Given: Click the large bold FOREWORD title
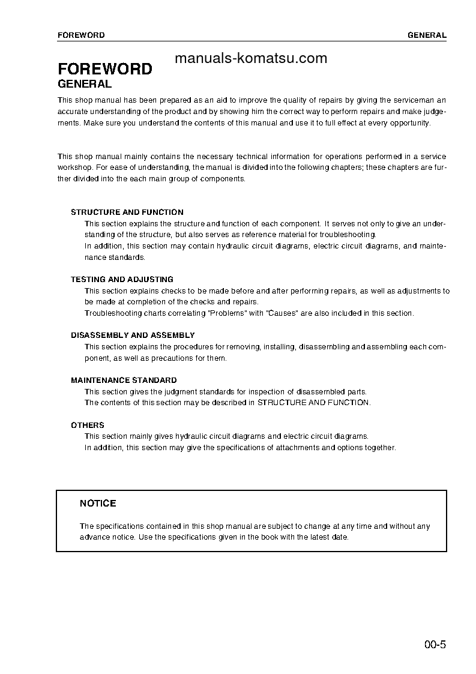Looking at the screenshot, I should pos(105,69).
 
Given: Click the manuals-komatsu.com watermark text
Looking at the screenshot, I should pos(251,58).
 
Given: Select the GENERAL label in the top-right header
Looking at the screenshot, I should pos(427,35).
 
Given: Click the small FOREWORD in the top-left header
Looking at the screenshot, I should pos(81,35).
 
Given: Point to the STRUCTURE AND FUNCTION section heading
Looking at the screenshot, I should pos(127,212).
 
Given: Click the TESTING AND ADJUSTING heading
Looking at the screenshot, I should pos(122,279).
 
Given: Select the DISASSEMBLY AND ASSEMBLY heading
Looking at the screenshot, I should pos(133,335).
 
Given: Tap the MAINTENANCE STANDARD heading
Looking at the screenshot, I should pos(124,380).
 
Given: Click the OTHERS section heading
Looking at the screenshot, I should pos(88,425).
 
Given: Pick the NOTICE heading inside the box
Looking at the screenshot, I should pos(98,503).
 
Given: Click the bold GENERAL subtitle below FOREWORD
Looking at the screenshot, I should pos(85,84).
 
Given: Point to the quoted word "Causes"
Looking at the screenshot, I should pos(282,313).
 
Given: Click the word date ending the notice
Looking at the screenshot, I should pos(340,537).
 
